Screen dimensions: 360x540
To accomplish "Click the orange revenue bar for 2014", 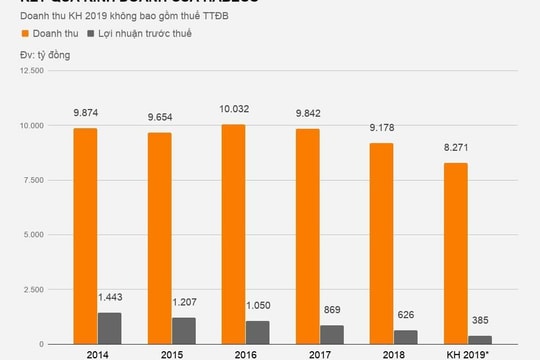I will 85,236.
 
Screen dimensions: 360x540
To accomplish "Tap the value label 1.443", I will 112,299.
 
